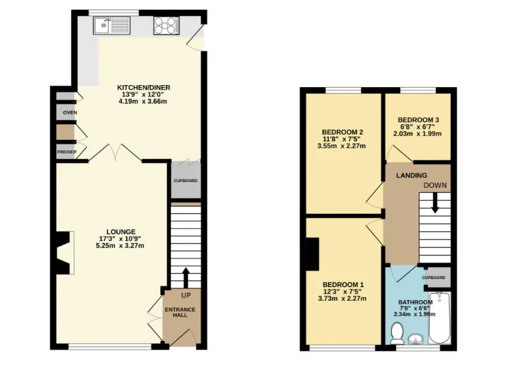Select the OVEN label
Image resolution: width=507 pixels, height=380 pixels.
[x=69, y=113]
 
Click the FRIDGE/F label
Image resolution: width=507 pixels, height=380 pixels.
[x=66, y=152]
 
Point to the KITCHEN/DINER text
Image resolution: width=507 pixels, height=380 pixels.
[x=143, y=87]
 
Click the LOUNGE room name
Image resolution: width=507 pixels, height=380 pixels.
[x=121, y=232]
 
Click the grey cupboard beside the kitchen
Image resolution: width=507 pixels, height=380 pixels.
[x=185, y=179]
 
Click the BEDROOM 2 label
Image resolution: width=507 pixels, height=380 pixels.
[x=342, y=132]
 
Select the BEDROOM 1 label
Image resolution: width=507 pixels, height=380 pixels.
[x=342, y=284]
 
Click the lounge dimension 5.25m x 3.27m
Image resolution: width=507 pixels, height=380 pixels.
[x=121, y=245]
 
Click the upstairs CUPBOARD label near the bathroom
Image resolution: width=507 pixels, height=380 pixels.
[x=438, y=278]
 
